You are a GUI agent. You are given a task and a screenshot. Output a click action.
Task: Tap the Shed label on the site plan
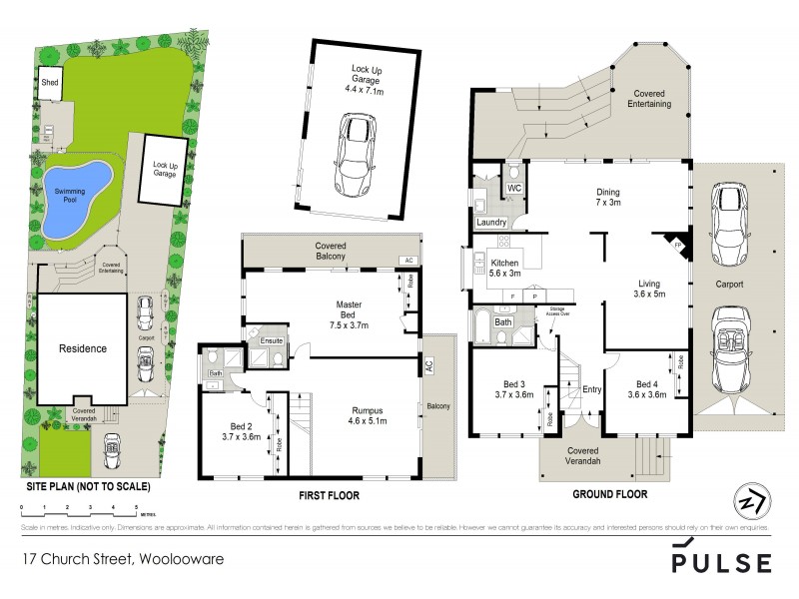[x=49, y=83]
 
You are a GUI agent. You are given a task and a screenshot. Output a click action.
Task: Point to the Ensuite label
[x=272, y=341]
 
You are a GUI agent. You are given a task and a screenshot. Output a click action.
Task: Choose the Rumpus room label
[x=364, y=415]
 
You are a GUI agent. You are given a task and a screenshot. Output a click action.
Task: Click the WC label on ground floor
[x=514, y=188]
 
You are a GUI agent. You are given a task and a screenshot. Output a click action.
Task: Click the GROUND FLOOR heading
[x=609, y=494]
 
